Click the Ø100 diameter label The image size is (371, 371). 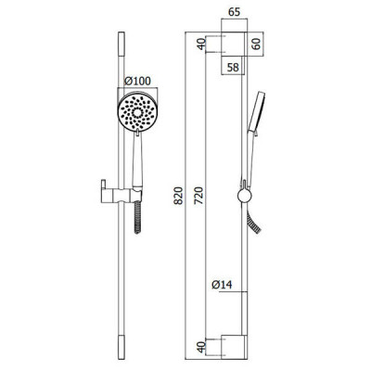click(x=137, y=81)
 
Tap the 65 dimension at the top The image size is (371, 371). click(x=234, y=12)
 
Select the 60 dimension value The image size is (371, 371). click(x=256, y=44)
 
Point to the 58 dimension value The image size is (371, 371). click(x=233, y=67)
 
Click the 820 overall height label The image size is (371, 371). click(x=178, y=196)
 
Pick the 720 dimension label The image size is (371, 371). click(x=199, y=196)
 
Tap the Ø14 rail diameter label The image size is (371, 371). click(x=222, y=285)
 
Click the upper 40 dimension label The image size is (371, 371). click(x=201, y=44)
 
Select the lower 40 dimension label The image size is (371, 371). click(x=201, y=347)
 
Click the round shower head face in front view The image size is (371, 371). click(x=137, y=112)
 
